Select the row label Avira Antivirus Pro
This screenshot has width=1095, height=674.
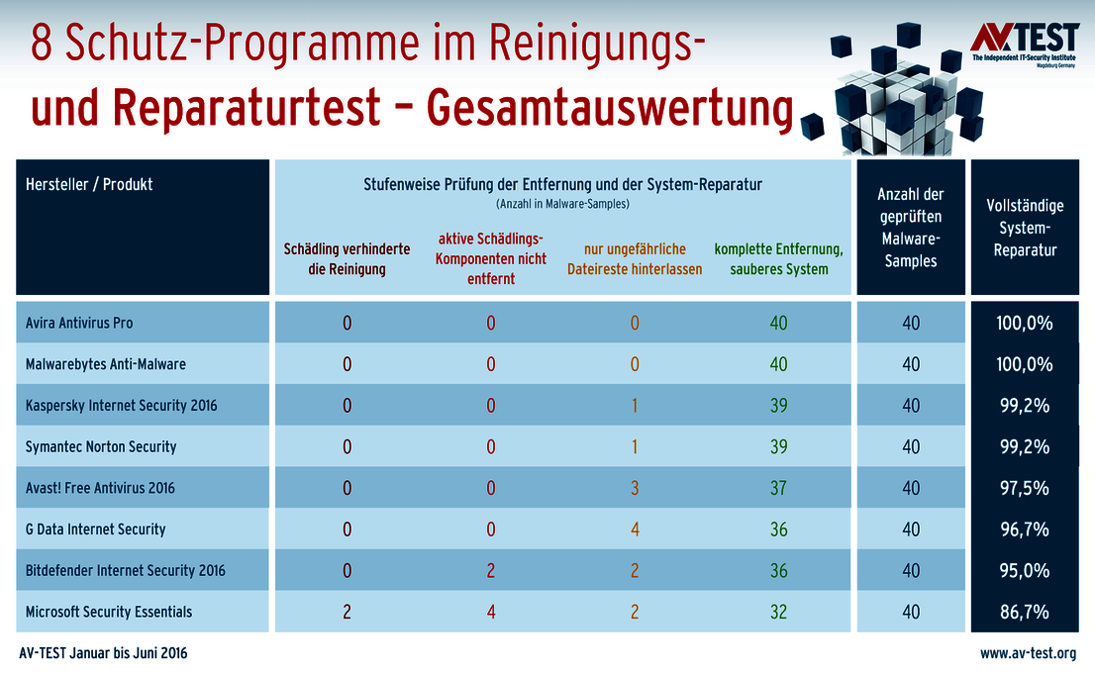[x=79, y=323]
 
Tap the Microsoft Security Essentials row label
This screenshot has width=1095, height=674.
[x=109, y=612]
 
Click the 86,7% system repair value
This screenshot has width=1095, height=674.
[x=1025, y=612]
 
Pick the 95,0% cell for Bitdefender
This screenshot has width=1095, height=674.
[x=1025, y=570]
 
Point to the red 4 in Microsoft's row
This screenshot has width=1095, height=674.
[x=491, y=612]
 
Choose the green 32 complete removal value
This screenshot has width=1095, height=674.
[x=778, y=612]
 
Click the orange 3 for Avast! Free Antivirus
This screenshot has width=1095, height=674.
[x=635, y=488]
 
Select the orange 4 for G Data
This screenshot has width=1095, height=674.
[x=635, y=530]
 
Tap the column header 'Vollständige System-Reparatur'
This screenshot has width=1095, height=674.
[x=1025, y=228]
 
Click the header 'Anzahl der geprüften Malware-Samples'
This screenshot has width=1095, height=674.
[x=910, y=228]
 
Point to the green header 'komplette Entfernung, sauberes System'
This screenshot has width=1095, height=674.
[x=778, y=258]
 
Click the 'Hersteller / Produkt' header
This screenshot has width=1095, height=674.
[x=89, y=184]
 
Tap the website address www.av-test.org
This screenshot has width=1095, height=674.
[x=1029, y=654]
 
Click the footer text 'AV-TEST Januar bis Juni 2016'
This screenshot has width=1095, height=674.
[x=104, y=654]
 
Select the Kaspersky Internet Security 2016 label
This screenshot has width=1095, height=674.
[x=121, y=406]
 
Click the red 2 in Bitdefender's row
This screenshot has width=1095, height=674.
[x=491, y=570]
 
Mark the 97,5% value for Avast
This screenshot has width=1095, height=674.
[x=1025, y=488]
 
